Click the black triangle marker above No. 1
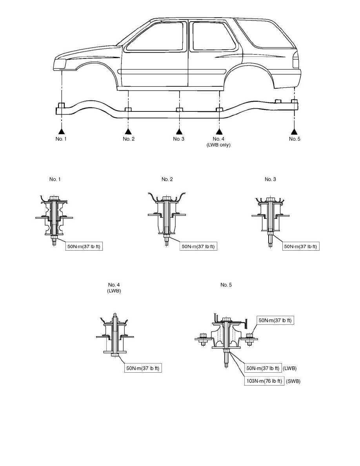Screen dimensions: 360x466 click(x=61, y=131)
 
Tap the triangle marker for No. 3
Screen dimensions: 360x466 click(x=179, y=131)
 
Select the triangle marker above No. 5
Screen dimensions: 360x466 click(x=294, y=131)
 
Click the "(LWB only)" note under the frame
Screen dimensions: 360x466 click(x=218, y=145)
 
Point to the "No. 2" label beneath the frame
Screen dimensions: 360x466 click(x=129, y=139)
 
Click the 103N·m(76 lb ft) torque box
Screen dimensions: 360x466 click(x=264, y=381)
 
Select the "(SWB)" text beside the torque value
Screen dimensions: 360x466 click(x=293, y=381)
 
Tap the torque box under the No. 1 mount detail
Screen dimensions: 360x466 click(x=84, y=246)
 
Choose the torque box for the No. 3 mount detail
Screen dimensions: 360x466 click(x=301, y=246)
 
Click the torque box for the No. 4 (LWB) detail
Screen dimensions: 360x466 click(x=143, y=368)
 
